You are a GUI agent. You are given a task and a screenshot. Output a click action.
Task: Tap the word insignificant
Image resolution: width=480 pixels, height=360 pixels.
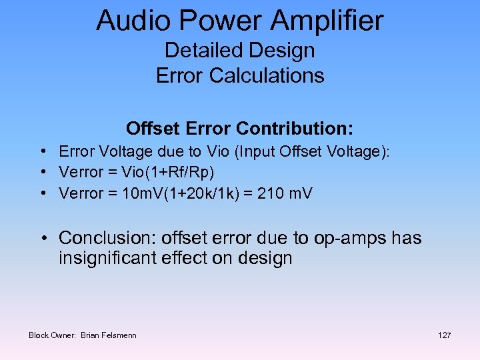(107, 258)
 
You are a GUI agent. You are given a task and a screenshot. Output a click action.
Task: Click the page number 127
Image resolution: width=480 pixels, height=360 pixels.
(444, 335)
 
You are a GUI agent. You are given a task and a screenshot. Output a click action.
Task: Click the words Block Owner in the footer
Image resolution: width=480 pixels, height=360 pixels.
(52, 335)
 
